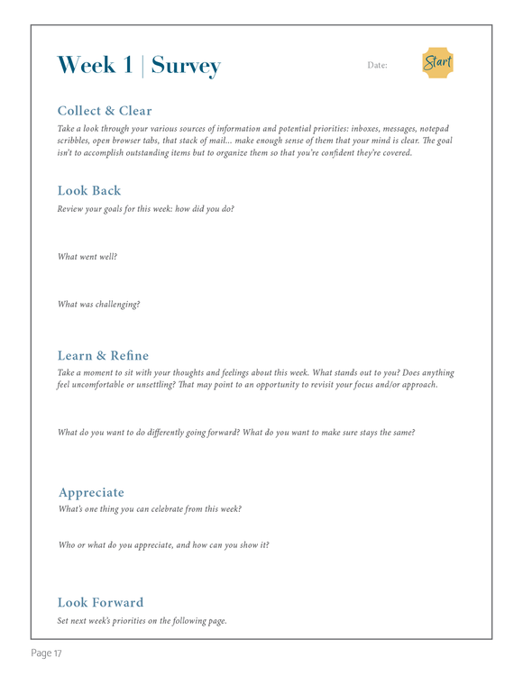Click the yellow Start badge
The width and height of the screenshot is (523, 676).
click(437, 63)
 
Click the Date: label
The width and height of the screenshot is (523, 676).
click(377, 66)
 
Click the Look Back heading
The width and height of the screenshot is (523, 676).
click(88, 190)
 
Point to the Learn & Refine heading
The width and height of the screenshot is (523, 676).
click(103, 354)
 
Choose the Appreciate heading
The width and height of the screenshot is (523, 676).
click(91, 492)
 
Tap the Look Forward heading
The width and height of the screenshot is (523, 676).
click(100, 602)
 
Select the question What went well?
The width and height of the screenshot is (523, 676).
click(87, 257)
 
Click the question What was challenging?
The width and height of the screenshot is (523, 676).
click(98, 304)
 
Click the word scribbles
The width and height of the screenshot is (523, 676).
click(76, 141)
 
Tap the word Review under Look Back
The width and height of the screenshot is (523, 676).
click(72, 208)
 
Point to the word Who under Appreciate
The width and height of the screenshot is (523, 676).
click(68, 544)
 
